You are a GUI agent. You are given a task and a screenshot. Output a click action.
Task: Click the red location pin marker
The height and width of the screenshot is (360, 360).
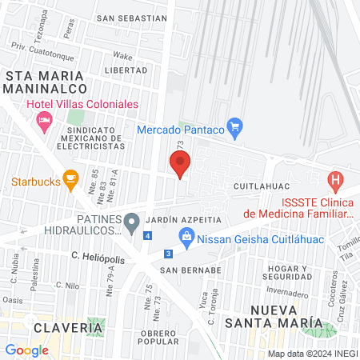(181, 164)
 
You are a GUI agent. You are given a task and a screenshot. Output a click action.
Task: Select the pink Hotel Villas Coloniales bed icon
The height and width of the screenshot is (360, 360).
(44, 121)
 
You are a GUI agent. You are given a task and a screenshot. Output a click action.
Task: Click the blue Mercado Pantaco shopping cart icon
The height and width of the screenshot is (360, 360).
(234, 126)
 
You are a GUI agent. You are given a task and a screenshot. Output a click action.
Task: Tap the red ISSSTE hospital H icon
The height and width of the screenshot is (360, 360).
(336, 181)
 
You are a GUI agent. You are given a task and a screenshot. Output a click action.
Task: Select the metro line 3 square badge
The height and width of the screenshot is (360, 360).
(167, 254)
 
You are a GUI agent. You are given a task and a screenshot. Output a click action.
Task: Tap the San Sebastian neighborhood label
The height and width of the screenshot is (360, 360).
(131, 18)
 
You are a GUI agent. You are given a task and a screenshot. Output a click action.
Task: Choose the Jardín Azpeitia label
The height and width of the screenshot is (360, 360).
(188, 218)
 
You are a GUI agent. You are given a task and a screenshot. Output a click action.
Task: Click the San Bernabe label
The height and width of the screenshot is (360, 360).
(190, 270)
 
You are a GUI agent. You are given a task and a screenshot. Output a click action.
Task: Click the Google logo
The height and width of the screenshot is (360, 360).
(26, 350)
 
